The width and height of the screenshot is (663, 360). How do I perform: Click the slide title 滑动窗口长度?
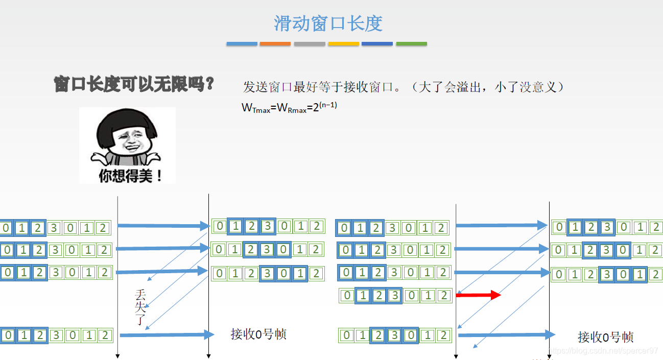tap(328, 23)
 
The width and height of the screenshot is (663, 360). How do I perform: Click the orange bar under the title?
tap(275, 44)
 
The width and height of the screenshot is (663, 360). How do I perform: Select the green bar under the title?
tap(411, 44)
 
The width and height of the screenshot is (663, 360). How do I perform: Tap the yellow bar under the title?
tap(343, 44)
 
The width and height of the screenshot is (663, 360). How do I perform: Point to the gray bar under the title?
tap(310, 44)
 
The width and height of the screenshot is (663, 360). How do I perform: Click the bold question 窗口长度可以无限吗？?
tap(134, 84)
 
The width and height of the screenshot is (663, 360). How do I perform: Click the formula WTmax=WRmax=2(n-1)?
tap(289, 108)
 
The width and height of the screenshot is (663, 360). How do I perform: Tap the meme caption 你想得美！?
tap(131, 176)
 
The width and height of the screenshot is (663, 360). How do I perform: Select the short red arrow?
tap(478, 295)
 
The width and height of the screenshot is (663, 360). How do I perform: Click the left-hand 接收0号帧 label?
tap(258, 334)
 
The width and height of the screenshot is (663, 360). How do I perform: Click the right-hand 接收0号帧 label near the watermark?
tap(605, 337)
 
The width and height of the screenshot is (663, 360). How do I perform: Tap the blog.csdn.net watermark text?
tap(603, 351)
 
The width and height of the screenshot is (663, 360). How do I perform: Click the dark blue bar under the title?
tap(377, 44)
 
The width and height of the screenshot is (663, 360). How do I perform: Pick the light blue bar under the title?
tap(242, 44)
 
